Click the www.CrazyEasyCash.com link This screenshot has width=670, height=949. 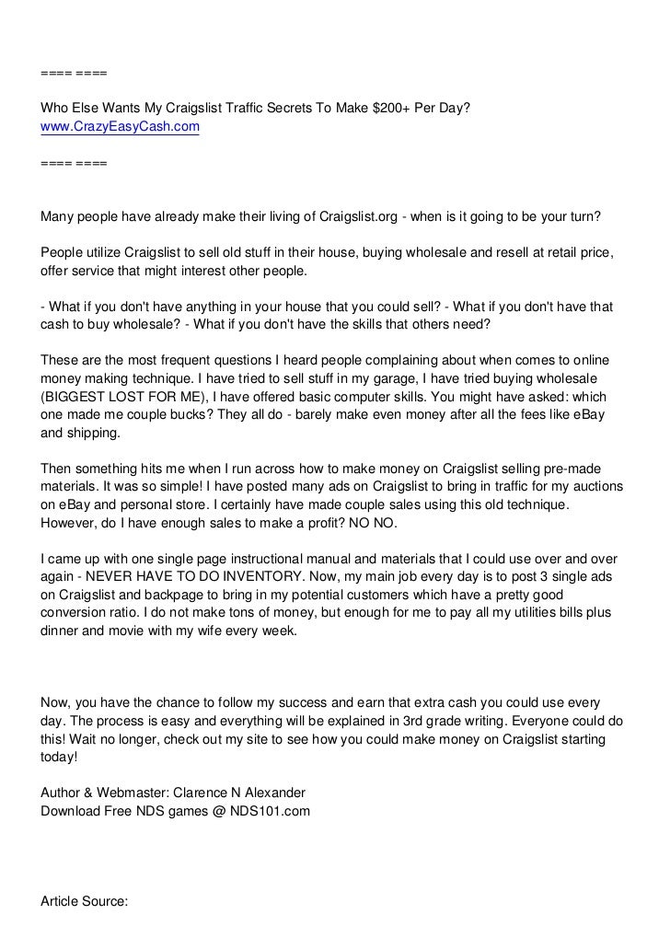click(x=120, y=127)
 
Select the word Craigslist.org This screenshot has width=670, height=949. click(x=359, y=217)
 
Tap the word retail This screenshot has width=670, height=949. click(x=543, y=253)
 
